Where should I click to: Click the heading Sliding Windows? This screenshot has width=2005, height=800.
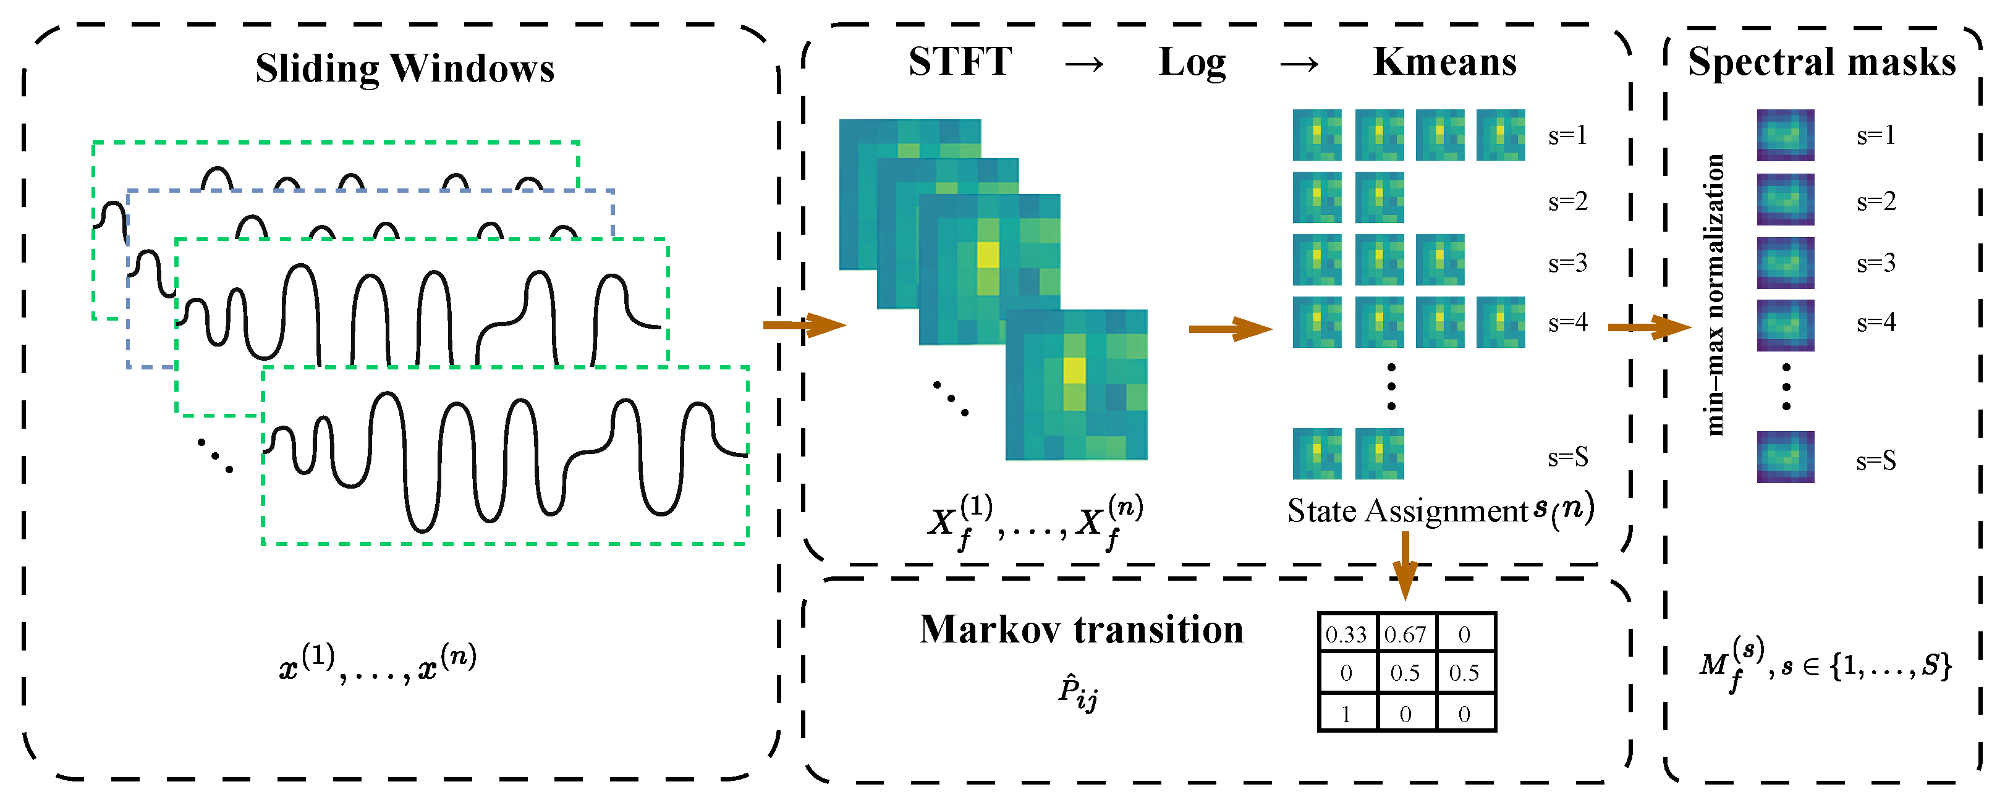405,68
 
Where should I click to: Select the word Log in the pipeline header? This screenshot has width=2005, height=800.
1192,62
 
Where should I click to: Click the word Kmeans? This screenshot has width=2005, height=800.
1444,62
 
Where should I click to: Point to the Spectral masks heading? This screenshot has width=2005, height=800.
1821,62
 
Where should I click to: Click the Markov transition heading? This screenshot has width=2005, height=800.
1081,629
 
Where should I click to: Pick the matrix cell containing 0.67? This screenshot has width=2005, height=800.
1405,634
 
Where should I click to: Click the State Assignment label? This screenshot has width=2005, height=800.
1407,510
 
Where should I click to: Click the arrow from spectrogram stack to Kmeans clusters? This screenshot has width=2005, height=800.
1230,329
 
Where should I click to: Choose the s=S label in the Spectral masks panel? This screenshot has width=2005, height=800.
1876,461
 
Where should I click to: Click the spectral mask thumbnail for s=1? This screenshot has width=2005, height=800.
1786,135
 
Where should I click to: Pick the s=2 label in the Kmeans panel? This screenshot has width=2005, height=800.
1567,201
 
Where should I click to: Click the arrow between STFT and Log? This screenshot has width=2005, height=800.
1084,64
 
